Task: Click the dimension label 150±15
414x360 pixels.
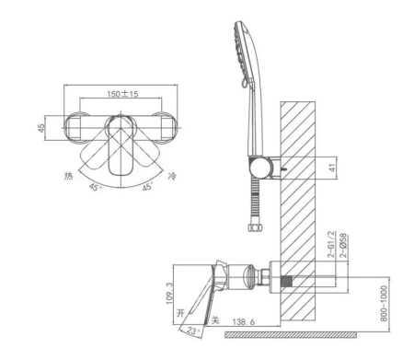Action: (122, 94)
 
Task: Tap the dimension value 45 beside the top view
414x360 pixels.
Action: (41, 128)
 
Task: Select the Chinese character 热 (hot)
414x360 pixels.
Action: (68, 176)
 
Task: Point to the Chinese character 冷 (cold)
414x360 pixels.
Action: (172, 176)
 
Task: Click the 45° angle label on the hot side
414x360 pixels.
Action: (95, 187)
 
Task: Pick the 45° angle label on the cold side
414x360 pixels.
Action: (148, 186)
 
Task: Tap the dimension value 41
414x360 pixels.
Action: (332, 168)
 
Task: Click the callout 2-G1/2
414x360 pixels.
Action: (331, 245)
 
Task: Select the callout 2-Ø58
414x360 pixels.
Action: (343, 245)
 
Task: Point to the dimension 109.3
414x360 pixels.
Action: (169, 294)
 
